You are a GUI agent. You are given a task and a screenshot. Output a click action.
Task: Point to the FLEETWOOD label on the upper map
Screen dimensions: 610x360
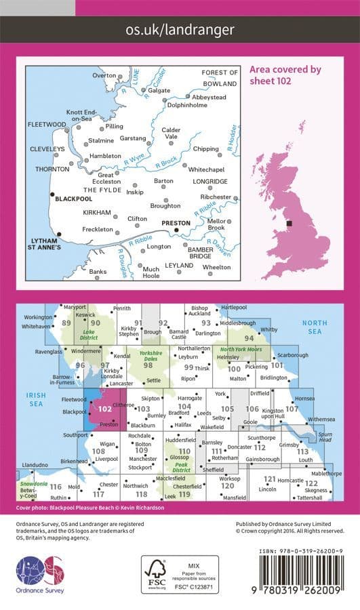47,125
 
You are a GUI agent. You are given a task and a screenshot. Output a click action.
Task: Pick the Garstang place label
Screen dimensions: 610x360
133,138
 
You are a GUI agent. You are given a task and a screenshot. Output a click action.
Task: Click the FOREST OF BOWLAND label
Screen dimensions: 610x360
220,77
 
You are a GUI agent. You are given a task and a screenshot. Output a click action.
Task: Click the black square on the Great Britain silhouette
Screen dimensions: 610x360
289,222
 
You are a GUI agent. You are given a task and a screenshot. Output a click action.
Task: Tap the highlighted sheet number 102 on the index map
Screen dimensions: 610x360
105,409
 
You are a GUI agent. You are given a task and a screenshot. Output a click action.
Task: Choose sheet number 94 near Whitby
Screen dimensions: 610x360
249,338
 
